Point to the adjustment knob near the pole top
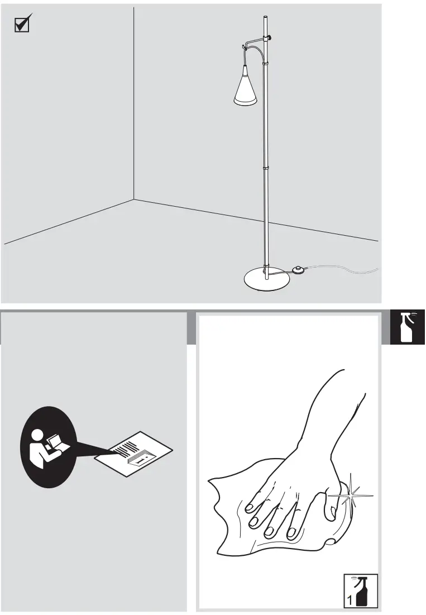[269, 37]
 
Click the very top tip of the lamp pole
[265, 18]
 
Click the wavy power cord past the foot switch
[346, 270]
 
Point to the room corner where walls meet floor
[134, 199]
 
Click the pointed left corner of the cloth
[211, 480]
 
